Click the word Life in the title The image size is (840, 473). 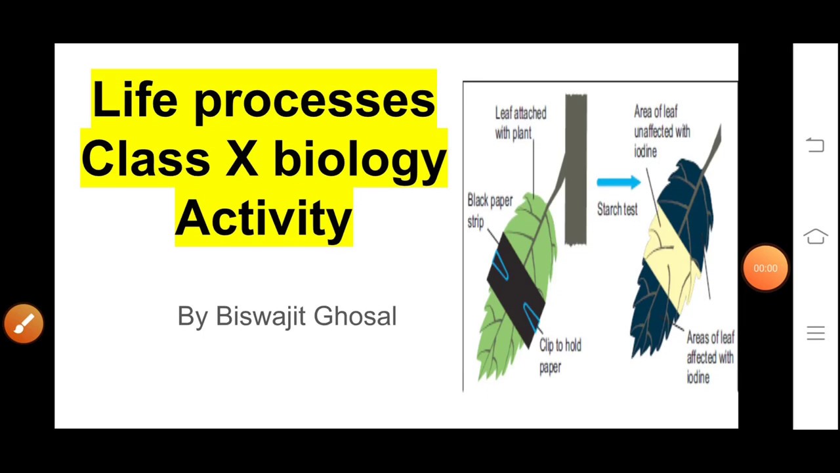click(135, 100)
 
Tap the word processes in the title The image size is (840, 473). click(314, 102)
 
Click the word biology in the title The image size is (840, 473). click(360, 161)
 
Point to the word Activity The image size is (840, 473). click(264, 218)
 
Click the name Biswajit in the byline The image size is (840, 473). click(260, 316)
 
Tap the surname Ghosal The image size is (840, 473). click(355, 316)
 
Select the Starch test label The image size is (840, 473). click(617, 210)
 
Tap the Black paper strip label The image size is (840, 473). click(489, 210)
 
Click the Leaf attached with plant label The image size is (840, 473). click(520, 123)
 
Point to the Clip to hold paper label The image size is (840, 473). click(559, 355)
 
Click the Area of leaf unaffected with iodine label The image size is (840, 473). click(661, 131)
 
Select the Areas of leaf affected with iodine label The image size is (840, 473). click(709, 357)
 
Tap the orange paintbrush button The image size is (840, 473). click(24, 323)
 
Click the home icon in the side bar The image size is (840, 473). click(815, 236)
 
